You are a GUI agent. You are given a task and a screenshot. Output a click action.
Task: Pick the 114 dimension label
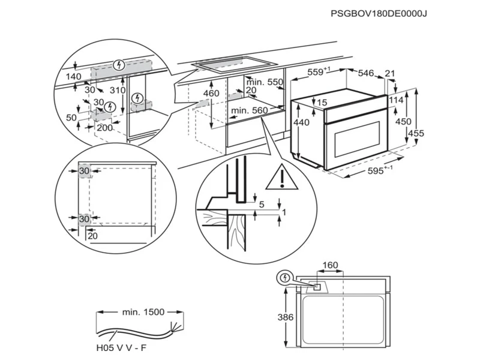(x=395, y=100)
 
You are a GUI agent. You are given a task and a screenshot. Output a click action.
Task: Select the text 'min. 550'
(x=265, y=82)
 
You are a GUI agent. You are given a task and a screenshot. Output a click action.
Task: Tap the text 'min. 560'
(x=249, y=110)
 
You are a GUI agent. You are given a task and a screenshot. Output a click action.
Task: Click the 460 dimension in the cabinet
(x=211, y=94)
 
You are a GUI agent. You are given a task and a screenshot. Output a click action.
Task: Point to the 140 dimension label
(x=74, y=77)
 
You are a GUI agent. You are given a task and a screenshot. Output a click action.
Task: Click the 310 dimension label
(x=118, y=90)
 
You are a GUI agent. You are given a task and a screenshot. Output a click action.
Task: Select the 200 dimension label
(x=104, y=127)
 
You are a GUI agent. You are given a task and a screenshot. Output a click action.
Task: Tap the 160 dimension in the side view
(x=330, y=266)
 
